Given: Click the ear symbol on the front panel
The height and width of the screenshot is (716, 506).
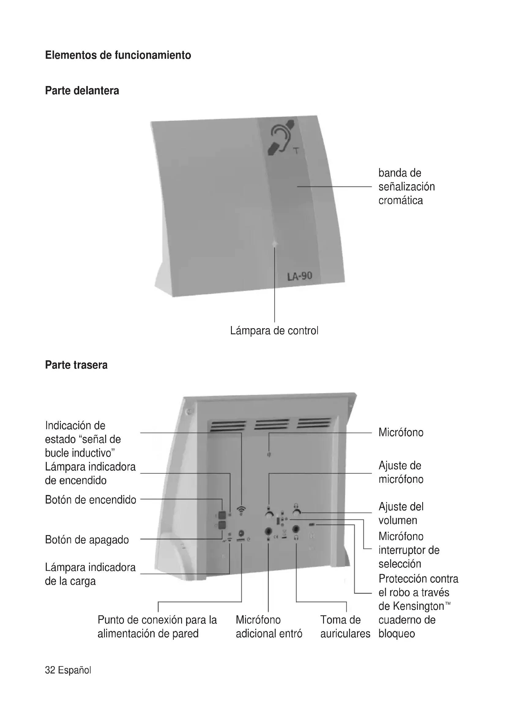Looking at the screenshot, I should (x=281, y=139).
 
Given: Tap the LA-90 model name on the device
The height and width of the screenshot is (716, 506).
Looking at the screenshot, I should (x=299, y=276).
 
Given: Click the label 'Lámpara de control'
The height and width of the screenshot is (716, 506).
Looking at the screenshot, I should (x=274, y=331).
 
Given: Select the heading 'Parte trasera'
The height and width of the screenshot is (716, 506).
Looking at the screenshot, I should (x=76, y=365).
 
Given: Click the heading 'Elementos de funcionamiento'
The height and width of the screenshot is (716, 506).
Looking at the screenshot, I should (x=118, y=55).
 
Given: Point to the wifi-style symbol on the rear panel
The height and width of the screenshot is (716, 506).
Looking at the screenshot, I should (x=241, y=510).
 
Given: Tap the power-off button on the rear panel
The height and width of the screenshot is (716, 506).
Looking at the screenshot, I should (x=222, y=525).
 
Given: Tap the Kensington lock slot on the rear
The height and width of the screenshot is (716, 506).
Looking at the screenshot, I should (x=311, y=525).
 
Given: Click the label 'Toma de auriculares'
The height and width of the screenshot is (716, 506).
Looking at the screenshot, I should (x=345, y=627).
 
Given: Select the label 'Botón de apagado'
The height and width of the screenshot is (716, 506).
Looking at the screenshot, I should (x=87, y=539).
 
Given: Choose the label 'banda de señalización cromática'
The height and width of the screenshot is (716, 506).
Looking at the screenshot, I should (x=406, y=186).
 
